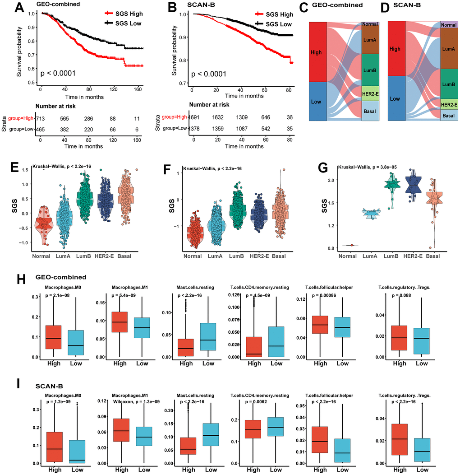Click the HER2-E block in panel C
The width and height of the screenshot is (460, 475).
[x=370, y=93]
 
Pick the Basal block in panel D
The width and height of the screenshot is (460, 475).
[x=448, y=116]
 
